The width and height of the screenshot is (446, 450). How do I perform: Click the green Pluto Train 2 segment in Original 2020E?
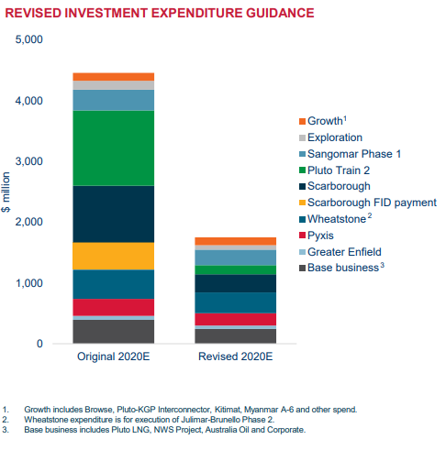(114, 148)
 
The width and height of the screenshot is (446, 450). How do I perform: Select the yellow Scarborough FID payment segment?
(114, 256)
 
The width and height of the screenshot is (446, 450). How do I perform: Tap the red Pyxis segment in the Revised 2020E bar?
(236, 319)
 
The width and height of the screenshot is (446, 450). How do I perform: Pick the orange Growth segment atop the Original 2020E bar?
(114, 77)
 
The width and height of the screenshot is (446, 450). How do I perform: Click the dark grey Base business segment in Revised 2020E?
(236, 336)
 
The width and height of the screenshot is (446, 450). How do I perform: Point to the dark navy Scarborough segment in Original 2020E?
(114, 214)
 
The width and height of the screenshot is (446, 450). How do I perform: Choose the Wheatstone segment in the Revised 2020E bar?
(236, 302)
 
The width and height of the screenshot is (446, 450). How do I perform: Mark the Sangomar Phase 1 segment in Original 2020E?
(114, 100)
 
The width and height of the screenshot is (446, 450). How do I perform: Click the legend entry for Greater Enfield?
(340, 252)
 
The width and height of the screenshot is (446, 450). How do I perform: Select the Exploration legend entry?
(330, 137)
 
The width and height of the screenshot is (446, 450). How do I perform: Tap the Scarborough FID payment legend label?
(372, 203)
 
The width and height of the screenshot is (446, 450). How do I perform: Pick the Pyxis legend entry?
(317, 236)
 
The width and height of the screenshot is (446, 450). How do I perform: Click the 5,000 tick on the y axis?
(29, 39)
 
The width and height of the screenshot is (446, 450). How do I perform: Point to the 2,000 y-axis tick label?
(29, 222)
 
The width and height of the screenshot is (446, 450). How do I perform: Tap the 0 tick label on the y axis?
(39, 344)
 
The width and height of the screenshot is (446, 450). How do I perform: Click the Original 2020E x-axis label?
(114, 357)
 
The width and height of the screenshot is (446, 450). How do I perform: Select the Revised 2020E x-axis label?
(236, 357)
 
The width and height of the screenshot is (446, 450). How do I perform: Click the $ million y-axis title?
(6, 192)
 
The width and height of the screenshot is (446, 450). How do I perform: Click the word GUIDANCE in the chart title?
(280, 13)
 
